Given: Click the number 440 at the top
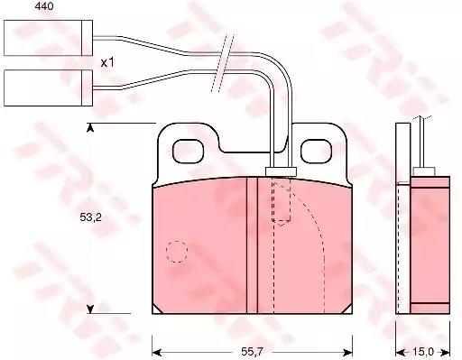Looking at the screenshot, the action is click(x=44, y=6).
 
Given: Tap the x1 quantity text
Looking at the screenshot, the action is click(x=107, y=62).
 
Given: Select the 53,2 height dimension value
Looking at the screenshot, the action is click(x=90, y=217).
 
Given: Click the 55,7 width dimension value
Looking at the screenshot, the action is click(x=252, y=351).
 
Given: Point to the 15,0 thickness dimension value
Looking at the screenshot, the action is click(x=423, y=351).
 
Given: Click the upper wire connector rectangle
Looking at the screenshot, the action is click(x=48, y=38).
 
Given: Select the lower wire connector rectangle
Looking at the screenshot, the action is click(x=48, y=88).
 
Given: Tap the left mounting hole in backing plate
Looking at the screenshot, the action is click(x=188, y=152).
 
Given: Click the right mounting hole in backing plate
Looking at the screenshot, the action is click(x=316, y=152).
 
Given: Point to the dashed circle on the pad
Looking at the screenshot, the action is click(x=177, y=252).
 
